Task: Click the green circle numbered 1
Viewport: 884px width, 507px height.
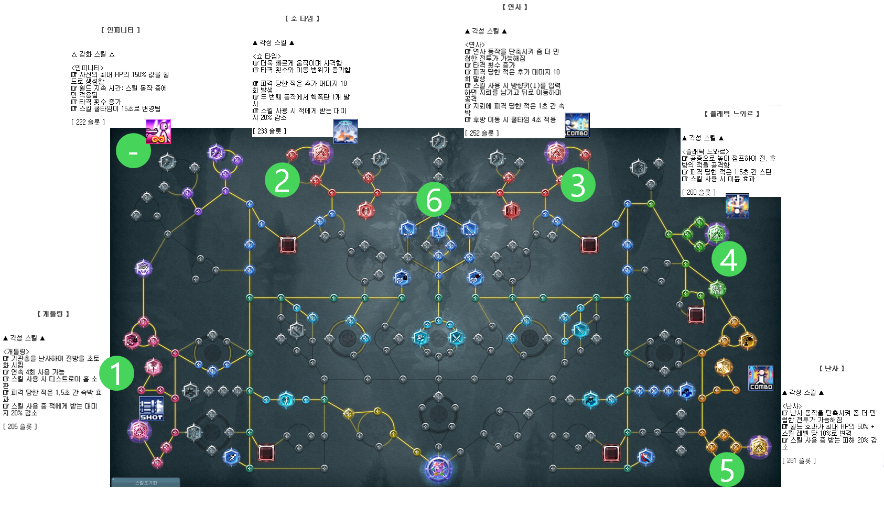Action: (x=116, y=373)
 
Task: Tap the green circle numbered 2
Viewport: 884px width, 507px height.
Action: (x=282, y=180)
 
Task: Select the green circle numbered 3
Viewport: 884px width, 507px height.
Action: (x=578, y=185)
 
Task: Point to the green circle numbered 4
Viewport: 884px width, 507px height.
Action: (x=729, y=259)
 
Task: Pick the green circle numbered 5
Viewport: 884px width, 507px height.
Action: (x=727, y=470)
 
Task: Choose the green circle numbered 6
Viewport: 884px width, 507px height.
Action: (x=434, y=200)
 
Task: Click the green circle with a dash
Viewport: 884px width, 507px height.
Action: (x=133, y=151)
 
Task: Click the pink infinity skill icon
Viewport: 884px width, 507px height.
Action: (x=158, y=131)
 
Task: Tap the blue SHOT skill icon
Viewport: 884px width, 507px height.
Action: (x=152, y=409)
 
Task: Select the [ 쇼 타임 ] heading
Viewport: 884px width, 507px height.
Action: (x=302, y=19)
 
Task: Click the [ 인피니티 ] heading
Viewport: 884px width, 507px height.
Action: (x=121, y=30)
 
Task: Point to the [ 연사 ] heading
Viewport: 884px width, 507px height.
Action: (x=515, y=7)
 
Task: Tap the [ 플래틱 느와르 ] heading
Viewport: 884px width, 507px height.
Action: (x=731, y=114)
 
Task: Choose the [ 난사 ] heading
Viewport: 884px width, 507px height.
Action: (x=832, y=369)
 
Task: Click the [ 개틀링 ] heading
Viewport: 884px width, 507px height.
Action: (x=53, y=314)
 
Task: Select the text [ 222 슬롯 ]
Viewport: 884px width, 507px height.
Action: (x=88, y=123)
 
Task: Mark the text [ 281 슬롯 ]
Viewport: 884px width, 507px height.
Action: (x=799, y=461)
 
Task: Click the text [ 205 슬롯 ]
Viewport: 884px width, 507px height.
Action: (x=20, y=427)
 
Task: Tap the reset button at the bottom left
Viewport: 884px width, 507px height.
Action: (x=146, y=482)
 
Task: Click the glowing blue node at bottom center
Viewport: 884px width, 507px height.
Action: (x=438, y=468)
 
